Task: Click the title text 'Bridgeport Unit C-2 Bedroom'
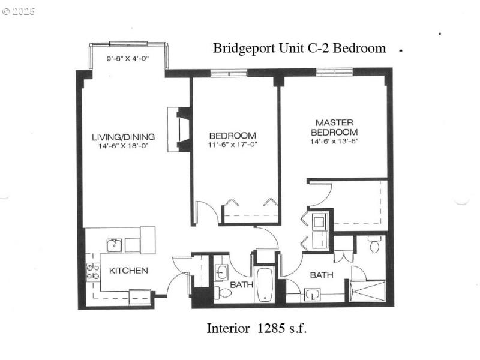(299, 49)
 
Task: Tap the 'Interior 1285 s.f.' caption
(257, 328)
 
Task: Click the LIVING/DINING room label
(123, 136)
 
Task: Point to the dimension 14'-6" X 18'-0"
(123, 146)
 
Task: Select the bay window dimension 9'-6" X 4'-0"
(127, 59)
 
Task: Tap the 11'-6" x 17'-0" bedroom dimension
(232, 145)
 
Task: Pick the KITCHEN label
(128, 271)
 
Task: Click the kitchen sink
(113, 245)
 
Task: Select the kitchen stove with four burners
(93, 272)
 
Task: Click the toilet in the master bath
(374, 245)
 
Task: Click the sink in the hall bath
(221, 271)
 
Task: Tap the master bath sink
(313, 295)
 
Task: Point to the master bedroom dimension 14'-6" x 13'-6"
(335, 142)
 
